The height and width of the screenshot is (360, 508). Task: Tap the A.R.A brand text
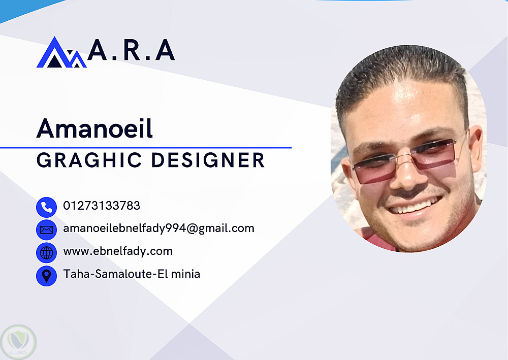point(131,50)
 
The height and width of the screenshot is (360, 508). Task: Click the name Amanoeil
point(94,128)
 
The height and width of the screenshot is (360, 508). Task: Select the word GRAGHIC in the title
point(89,160)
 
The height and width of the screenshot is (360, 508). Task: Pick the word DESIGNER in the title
point(208,160)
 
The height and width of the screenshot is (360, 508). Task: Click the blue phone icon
point(46,207)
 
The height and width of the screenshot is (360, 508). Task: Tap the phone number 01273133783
point(102,206)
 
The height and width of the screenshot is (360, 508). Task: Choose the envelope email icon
point(46,230)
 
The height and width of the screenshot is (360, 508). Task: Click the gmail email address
point(158,228)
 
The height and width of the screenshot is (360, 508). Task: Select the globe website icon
point(46,253)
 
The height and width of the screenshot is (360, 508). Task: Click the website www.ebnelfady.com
point(118,251)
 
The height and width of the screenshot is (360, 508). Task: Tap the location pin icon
point(46,276)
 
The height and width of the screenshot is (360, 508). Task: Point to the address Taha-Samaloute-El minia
point(132,274)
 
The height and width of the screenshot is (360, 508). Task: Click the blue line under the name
point(146,148)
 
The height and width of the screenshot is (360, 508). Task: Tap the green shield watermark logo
point(18,342)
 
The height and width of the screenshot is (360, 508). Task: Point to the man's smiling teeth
point(416,206)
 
